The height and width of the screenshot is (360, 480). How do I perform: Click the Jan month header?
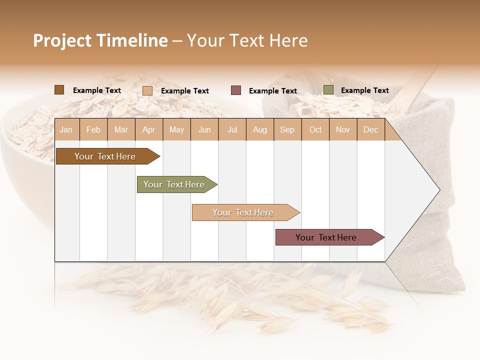point(66,129)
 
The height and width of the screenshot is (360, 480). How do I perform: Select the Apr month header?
point(149,129)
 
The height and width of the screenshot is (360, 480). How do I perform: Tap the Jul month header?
point(232,129)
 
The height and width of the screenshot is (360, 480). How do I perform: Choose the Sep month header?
point(287,129)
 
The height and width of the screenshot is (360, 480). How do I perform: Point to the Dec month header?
point(370,129)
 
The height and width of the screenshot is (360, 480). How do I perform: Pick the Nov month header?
point(342,129)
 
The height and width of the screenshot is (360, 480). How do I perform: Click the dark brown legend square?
point(59,90)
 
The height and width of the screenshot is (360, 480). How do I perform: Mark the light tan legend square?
point(147,90)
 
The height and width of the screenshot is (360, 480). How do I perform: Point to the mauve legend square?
point(236,90)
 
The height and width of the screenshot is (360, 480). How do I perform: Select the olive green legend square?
point(328,90)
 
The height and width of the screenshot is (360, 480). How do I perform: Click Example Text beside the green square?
point(364,90)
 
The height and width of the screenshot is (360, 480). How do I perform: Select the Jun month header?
point(204,129)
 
